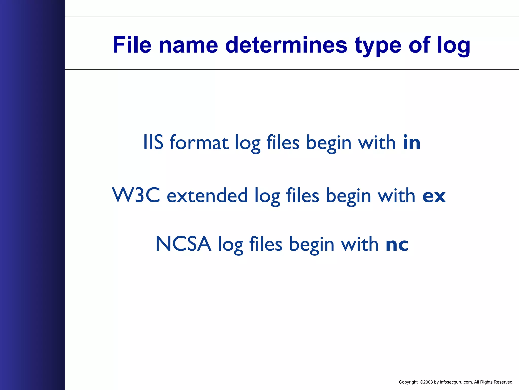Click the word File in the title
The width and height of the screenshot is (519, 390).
pos(132,45)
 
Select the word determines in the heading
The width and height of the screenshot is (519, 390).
pos(286,45)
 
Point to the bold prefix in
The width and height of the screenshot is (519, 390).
pos(412,142)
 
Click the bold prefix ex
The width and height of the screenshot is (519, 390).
pos(434,196)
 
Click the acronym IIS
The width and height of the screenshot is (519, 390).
pos(153,142)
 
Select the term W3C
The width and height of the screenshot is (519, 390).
pos(136,195)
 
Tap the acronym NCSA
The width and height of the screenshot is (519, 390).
pos(183,244)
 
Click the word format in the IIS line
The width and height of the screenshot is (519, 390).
pos(199,142)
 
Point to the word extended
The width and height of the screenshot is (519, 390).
pos(207,196)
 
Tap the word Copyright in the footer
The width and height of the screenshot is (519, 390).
pos(408,382)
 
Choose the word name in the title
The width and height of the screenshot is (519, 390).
pos(188,45)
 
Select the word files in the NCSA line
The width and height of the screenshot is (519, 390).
pos(266,244)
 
